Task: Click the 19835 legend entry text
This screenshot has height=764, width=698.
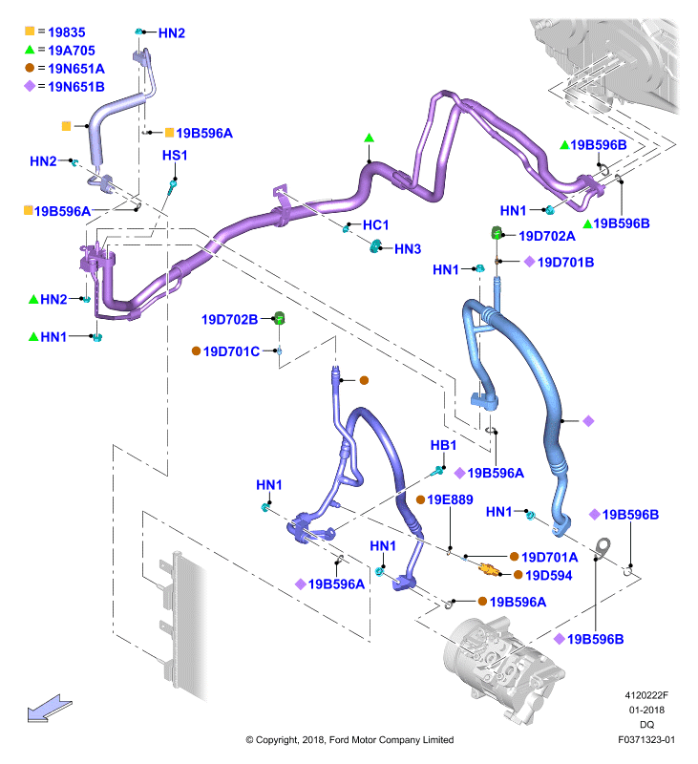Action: coord(67,32)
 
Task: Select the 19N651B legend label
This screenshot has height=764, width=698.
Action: coord(76,87)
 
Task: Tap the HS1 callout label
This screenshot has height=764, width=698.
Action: coord(175,156)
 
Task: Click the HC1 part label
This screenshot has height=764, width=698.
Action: coord(376,225)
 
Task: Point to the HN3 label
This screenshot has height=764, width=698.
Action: coord(408,249)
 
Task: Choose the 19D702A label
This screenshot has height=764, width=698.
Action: coord(547,236)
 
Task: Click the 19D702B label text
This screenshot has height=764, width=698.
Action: coord(230,320)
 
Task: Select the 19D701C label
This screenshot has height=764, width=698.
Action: coord(231,351)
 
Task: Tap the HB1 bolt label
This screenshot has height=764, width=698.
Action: coord(443,445)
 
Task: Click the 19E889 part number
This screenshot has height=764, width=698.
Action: coord(450,499)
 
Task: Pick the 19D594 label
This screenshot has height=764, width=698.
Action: coord(548,576)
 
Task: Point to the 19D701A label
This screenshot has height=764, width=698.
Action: coord(549,557)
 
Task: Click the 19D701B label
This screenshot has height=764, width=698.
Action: coord(565,263)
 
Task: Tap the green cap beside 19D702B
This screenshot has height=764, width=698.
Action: coord(280,318)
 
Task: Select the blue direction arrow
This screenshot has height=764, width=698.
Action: coord(50,708)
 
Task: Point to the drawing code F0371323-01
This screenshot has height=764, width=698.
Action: coord(646,740)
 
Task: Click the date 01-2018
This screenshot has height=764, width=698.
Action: coord(646,710)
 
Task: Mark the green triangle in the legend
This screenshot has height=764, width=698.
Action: coord(30,50)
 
